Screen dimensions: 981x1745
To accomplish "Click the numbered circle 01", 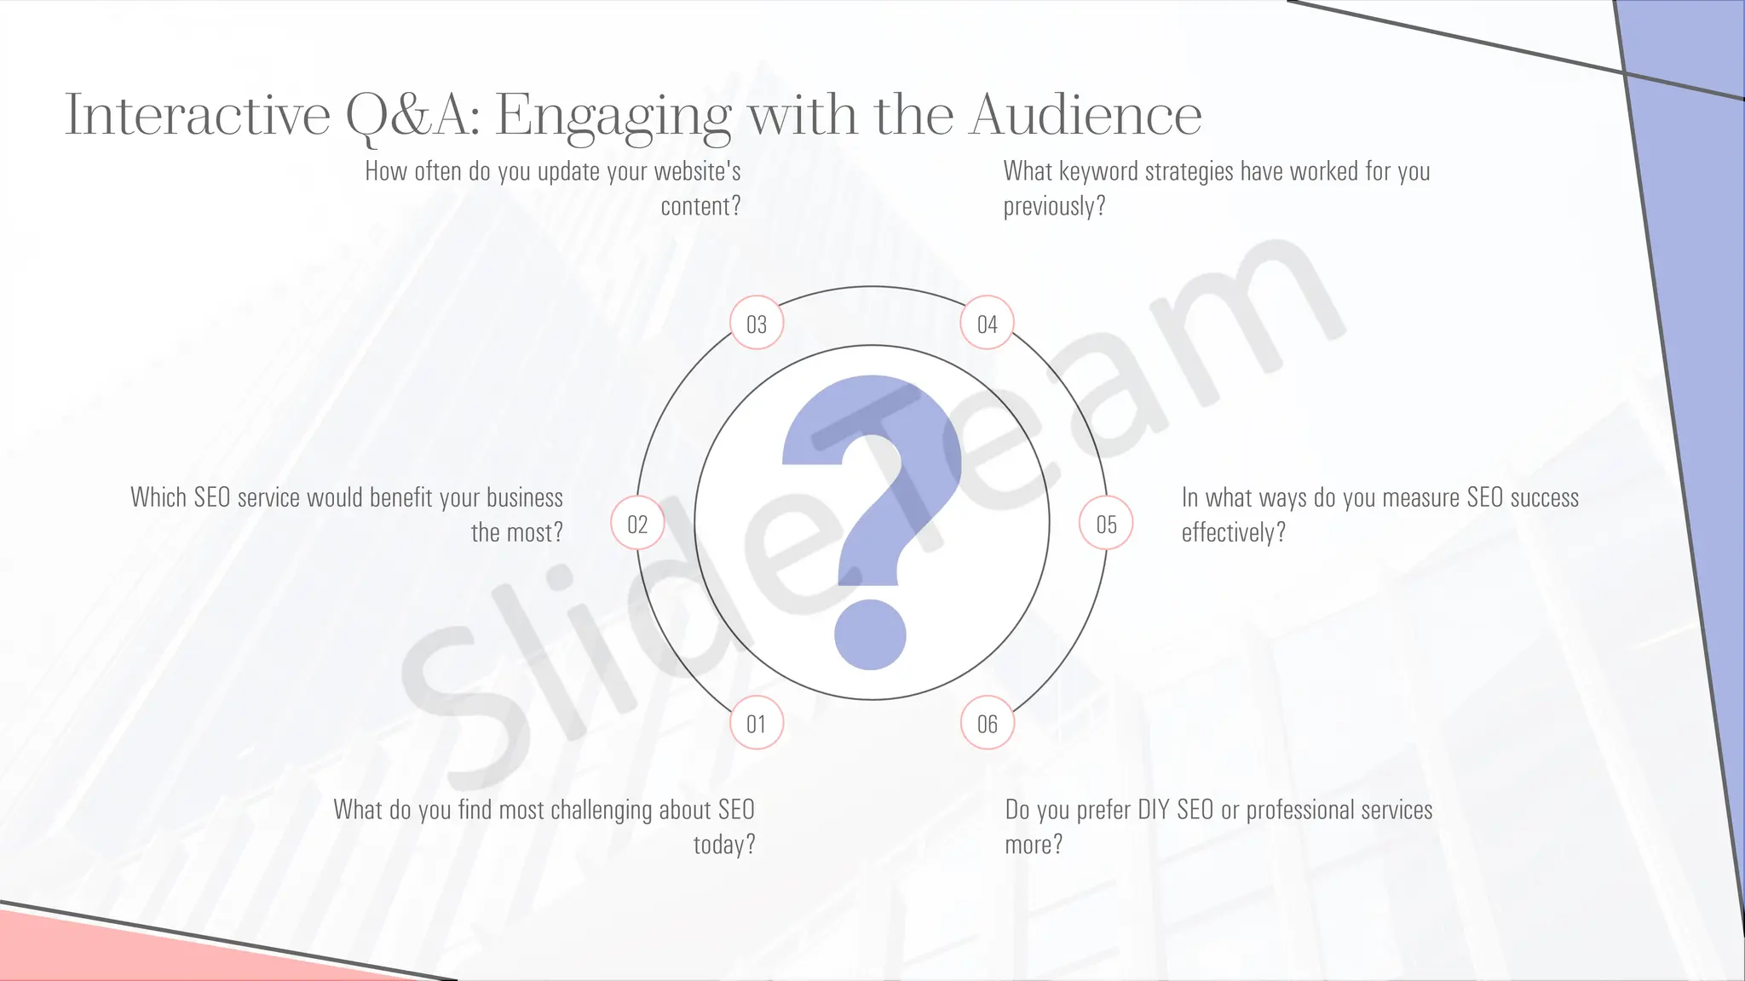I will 757,724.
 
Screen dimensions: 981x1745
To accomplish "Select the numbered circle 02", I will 637,524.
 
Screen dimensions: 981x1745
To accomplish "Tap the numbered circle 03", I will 757,324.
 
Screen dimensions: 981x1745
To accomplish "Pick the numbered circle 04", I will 987,324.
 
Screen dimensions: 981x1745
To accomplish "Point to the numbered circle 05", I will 1106,524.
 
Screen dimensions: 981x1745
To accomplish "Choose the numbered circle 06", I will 987,724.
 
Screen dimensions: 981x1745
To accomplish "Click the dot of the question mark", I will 870,634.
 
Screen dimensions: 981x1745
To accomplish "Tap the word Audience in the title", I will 1086,115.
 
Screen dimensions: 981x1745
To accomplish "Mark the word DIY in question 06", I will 1154,810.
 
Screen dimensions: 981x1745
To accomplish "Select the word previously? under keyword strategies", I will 1054,207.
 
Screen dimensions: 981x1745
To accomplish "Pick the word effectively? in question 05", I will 1233,533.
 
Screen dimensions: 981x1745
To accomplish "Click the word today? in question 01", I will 724,846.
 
